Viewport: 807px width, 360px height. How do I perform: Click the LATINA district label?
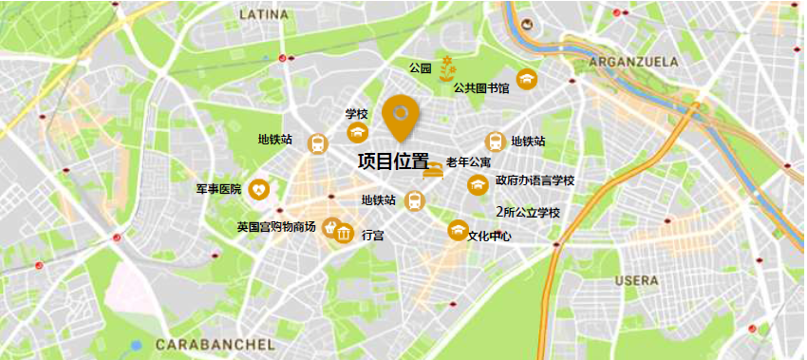[x=264, y=15]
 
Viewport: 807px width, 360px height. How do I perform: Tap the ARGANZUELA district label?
[x=634, y=62]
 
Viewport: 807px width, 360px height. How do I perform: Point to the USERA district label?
[x=636, y=281]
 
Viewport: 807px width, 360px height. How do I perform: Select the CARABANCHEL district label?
[x=215, y=343]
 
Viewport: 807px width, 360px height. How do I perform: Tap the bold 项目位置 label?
[x=392, y=162]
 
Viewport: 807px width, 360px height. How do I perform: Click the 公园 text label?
[x=420, y=68]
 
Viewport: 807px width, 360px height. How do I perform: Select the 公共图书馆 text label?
[x=481, y=88]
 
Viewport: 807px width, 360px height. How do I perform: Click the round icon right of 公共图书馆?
[x=526, y=78]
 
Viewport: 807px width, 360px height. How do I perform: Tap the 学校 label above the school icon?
[x=356, y=114]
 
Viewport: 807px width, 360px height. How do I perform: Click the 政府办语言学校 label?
[x=535, y=180]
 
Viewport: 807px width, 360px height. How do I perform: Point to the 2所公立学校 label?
[x=528, y=212]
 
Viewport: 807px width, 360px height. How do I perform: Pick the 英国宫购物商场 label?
[x=276, y=228]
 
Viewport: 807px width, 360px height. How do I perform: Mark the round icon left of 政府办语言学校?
[x=477, y=181]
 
